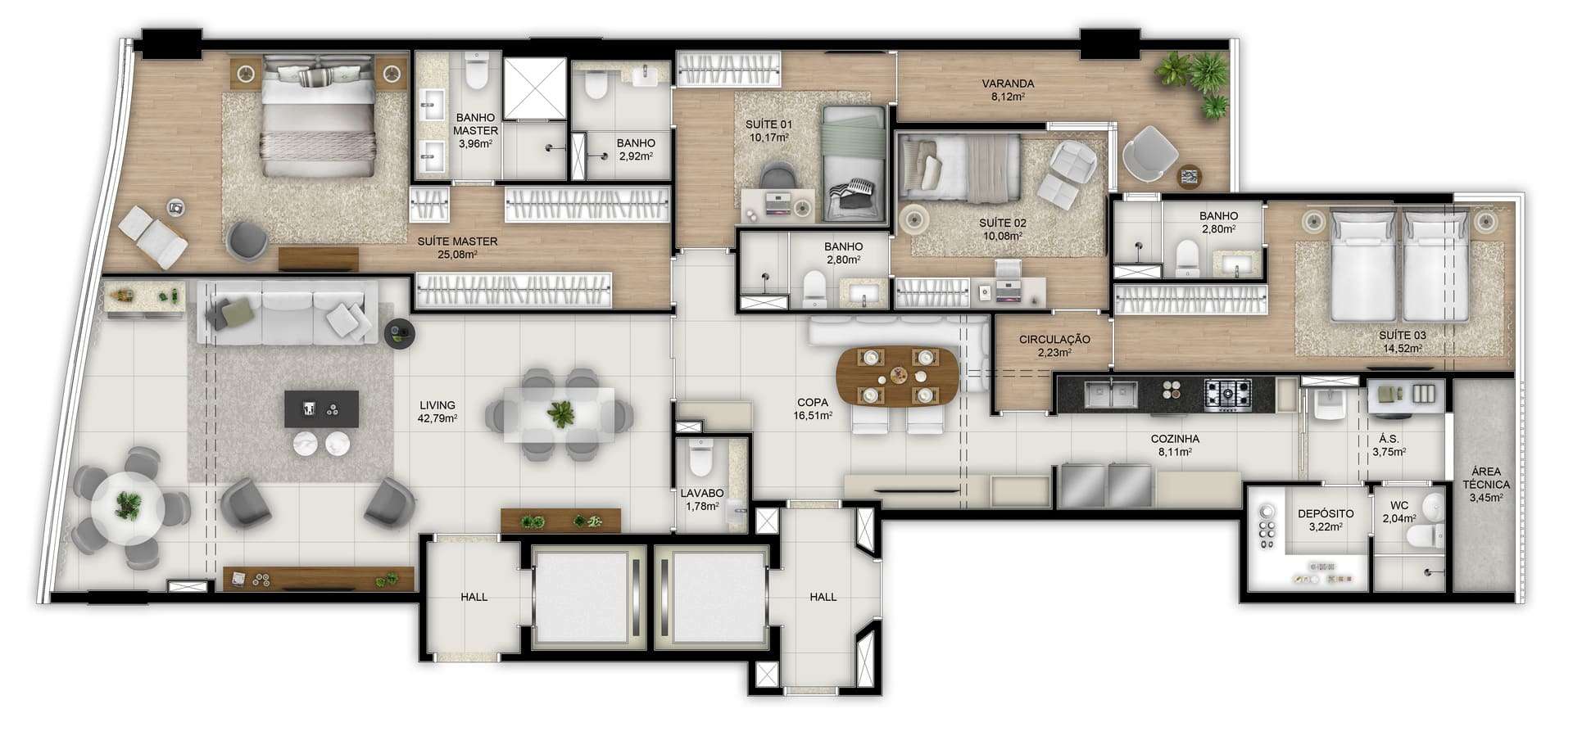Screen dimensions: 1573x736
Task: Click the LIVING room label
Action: tap(437, 405)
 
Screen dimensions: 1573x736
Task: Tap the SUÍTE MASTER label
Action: tap(457, 242)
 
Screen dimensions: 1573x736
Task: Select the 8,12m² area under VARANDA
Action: tap(1008, 97)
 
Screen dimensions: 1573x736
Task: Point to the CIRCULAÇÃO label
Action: tap(1054, 339)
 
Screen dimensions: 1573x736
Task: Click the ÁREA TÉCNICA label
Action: tap(1486, 477)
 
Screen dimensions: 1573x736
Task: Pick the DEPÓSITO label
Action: tap(1326, 514)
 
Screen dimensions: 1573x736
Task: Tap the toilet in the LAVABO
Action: tap(700, 458)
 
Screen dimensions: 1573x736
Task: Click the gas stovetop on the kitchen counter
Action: tap(1227, 394)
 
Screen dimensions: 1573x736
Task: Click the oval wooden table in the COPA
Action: tap(898, 377)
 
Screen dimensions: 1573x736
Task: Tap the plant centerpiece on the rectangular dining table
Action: tap(561, 413)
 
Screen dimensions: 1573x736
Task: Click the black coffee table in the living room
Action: tap(321, 409)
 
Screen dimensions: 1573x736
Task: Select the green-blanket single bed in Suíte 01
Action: tap(854, 164)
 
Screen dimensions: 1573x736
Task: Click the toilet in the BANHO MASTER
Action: tap(476, 71)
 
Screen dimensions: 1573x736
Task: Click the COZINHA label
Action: tap(1175, 439)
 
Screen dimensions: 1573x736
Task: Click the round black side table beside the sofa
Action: tap(399, 333)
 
